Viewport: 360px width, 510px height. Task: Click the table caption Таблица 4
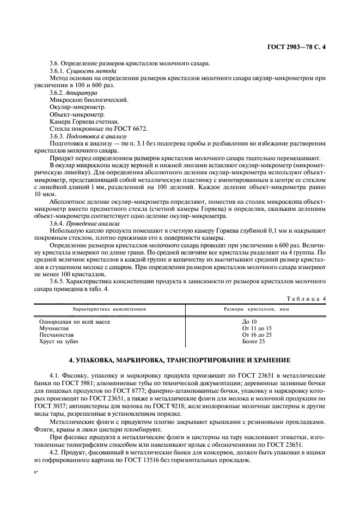point(306,299)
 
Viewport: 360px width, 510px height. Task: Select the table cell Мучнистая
point(54,329)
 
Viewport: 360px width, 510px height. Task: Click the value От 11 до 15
point(257,329)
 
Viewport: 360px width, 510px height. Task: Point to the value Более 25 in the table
point(253,342)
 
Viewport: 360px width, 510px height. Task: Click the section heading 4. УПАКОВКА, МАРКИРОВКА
point(180,361)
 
